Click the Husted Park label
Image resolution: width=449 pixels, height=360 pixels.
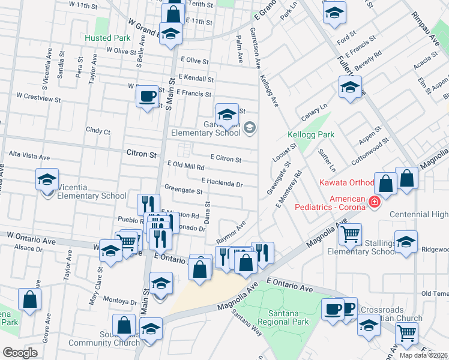click(x=107, y=38)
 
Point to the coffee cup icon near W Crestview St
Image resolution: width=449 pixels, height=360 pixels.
click(x=147, y=95)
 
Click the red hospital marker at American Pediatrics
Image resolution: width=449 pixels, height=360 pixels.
click(x=375, y=202)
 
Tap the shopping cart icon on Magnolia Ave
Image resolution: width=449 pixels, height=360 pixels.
click(x=349, y=233)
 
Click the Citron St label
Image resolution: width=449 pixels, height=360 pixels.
click(x=142, y=154)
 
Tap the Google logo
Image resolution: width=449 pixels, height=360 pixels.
click(x=20, y=352)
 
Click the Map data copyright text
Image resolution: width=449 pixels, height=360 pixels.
click(x=424, y=355)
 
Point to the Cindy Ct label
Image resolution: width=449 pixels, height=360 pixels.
click(x=98, y=130)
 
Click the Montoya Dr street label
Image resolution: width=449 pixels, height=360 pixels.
click(x=120, y=302)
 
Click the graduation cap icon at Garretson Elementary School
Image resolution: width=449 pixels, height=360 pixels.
click(x=227, y=115)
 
